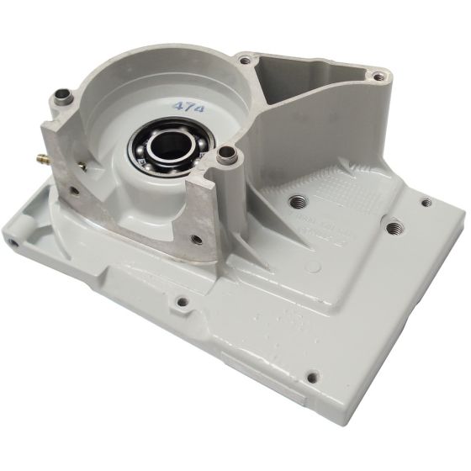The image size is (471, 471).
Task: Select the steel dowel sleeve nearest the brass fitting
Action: tap(61, 98)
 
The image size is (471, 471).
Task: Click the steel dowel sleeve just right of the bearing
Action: tap(226, 156)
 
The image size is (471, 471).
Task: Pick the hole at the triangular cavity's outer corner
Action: tap(379, 77)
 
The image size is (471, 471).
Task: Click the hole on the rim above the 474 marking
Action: tap(245, 61)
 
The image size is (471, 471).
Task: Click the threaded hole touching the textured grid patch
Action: tap(297, 202)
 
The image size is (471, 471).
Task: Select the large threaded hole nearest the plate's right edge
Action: tap(393, 226)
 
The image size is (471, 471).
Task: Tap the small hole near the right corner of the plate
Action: tap(426, 203)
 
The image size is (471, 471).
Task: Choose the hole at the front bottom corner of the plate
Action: tap(312, 377)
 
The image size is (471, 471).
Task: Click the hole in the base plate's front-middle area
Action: tap(182, 301)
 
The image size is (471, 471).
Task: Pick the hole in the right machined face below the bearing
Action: tap(196, 240)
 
